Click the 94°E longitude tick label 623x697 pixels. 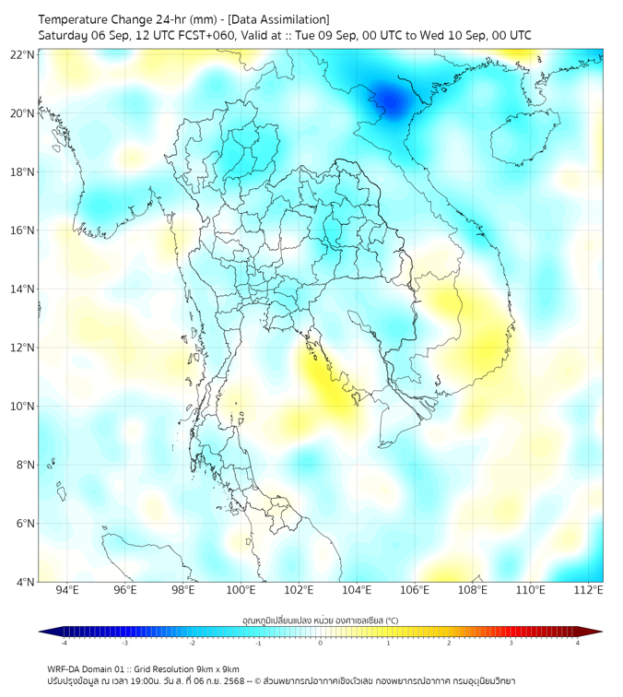(67, 591)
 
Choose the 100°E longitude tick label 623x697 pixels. (241, 591)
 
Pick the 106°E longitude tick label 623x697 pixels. (415, 591)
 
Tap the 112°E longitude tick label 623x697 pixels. (589, 591)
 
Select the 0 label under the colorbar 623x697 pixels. (320, 644)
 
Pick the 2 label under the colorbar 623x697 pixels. (449, 644)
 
